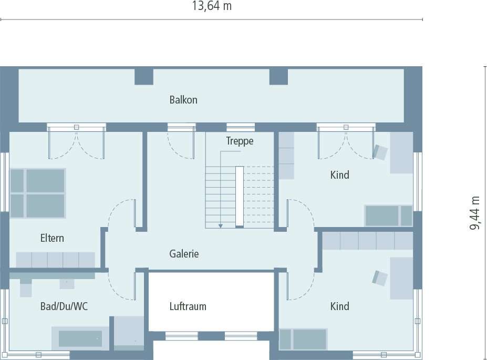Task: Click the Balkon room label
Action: pos(183,100)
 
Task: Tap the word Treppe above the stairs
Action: pos(240,141)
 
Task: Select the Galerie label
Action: pos(184,254)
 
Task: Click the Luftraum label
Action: pos(188,306)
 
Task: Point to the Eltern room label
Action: pos(52,238)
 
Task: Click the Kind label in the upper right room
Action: pos(339,175)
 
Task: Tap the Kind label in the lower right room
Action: pos(339,306)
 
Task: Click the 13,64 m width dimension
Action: pos(212,6)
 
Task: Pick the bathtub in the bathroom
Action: pos(80,338)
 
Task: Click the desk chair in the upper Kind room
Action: pos(380,152)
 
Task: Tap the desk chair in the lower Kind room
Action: pos(380,277)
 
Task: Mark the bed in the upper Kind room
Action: pos(389,215)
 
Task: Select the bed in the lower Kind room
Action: pos(303,339)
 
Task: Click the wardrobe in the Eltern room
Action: pos(55,260)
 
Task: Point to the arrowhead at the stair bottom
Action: pos(221,225)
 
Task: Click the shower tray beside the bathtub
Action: pos(129,333)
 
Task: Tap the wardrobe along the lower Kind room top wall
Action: pos(367,241)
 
